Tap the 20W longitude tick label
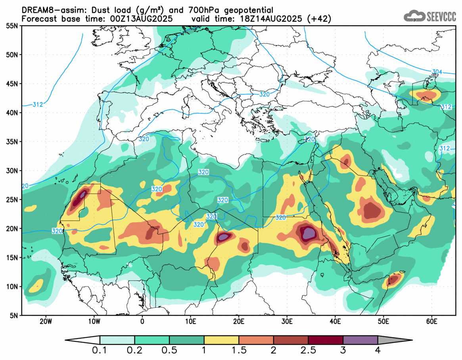point(46,321)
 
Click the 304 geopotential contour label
point(437,72)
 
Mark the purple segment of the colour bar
point(360,340)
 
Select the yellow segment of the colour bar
point(221,340)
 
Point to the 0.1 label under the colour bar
point(100,350)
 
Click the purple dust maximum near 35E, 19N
point(308,233)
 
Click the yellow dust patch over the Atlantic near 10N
point(37,285)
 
